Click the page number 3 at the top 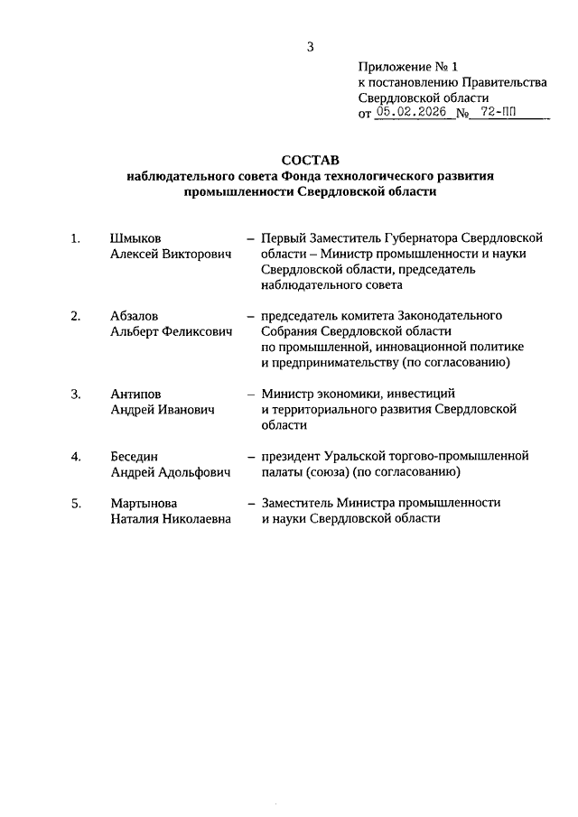pyautogui.click(x=310, y=46)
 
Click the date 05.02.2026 pyautogui.click(x=412, y=114)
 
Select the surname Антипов pyautogui.click(x=136, y=394)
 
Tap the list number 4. pyautogui.click(x=77, y=456)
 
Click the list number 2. pyautogui.click(x=77, y=316)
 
